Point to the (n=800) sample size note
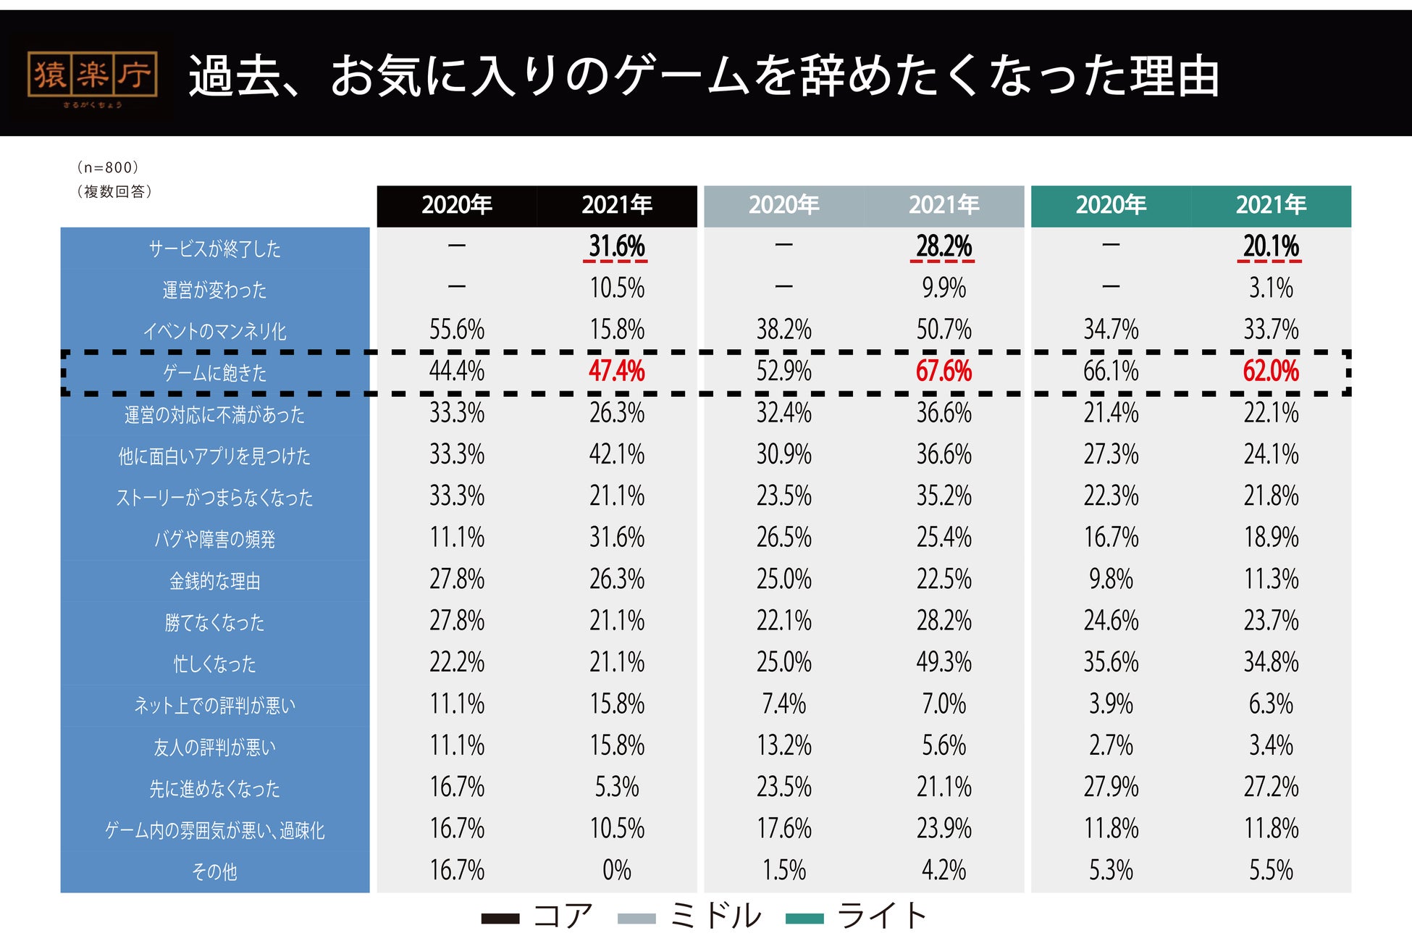click(x=108, y=167)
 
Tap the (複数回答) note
click(x=114, y=191)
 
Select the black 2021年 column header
click(x=616, y=206)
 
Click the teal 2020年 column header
click(x=1110, y=206)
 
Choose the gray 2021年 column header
click(x=944, y=206)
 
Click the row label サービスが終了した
click(x=214, y=248)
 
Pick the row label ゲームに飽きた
click(x=214, y=373)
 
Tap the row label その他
click(x=214, y=871)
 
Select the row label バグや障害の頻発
click(x=214, y=539)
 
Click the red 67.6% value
click(x=944, y=372)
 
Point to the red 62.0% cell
click(x=1271, y=372)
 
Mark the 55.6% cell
click(x=456, y=330)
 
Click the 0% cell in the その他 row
click(x=616, y=870)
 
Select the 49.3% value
click(x=944, y=662)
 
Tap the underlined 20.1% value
click(x=1271, y=246)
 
